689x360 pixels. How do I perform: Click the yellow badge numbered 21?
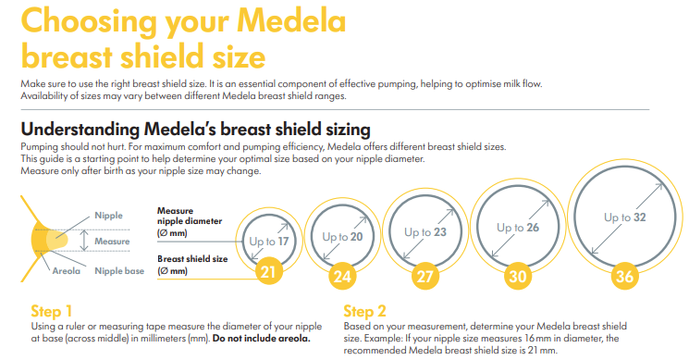click(x=267, y=273)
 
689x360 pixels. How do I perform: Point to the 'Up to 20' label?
click(x=341, y=236)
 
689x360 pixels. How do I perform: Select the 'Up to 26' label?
click(x=517, y=228)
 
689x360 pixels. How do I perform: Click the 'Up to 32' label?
click(x=625, y=218)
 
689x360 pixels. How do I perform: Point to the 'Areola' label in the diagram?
click(x=67, y=271)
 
